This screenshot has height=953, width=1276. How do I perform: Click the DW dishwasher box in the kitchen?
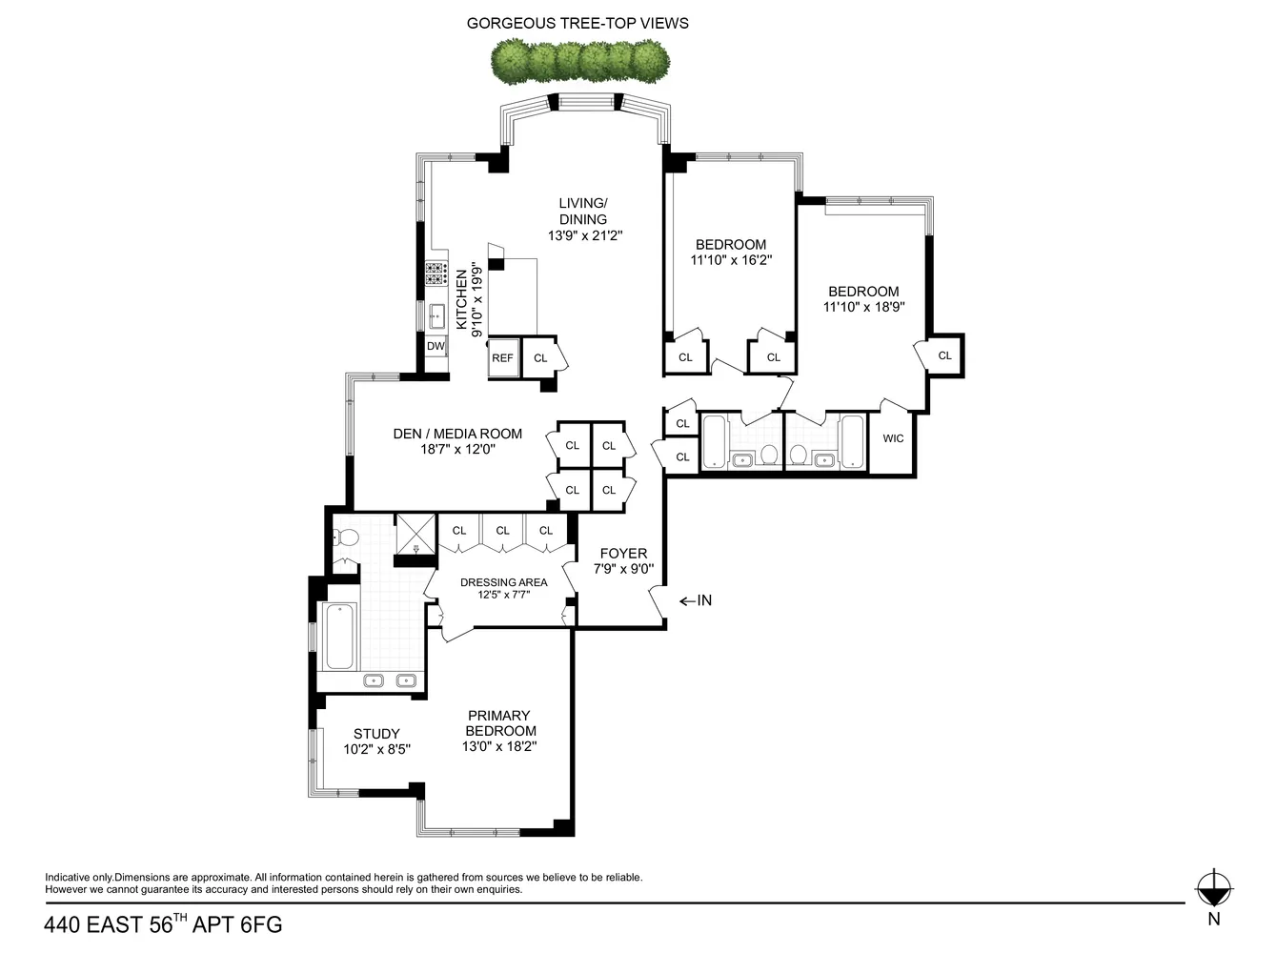pyautogui.click(x=435, y=346)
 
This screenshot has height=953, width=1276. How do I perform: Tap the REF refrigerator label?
pyautogui.click(x=502, y=358)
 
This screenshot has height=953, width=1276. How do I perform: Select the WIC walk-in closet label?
pyautogui.click(x=893, y=438)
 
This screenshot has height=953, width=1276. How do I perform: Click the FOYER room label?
pyautogui.click(x=623, y=554)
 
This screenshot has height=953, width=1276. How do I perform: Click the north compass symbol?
pyautogui.click(x=1213, y=889)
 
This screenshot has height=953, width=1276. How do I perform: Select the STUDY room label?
pyautogui.click(x=376, y=734)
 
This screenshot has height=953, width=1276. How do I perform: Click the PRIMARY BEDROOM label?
pyautogui.click(x=499, y=723)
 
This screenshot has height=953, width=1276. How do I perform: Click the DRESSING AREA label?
pyautogui.click(x=503, y=582)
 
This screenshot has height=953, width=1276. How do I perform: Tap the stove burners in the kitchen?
pyautogui.click(x=436, y=274)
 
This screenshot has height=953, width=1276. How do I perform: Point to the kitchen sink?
pyautogui.click(x=437, y=315)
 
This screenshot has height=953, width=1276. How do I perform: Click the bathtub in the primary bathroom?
pyautogui.click(x=340, y=636)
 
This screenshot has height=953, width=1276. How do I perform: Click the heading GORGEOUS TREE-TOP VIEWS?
pyautogui.click(x=577, y=23)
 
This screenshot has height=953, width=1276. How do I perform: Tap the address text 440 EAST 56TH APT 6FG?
pyautogui.click(x=163, y=924)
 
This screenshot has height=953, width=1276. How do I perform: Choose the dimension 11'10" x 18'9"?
pyautogui.click(x=863, y=307)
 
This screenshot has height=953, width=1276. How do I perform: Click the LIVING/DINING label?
pyautogui.click(x=582, y=211)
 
